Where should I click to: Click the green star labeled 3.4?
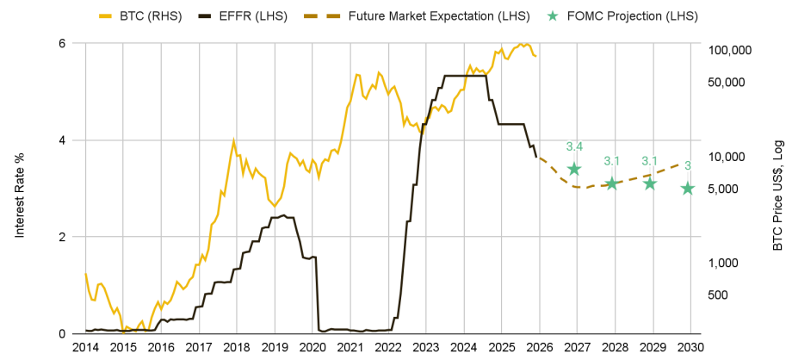574,169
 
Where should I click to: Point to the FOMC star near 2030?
687,188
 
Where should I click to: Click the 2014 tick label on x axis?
85,346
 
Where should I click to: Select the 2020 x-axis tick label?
312,346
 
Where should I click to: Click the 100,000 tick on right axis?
729,51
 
